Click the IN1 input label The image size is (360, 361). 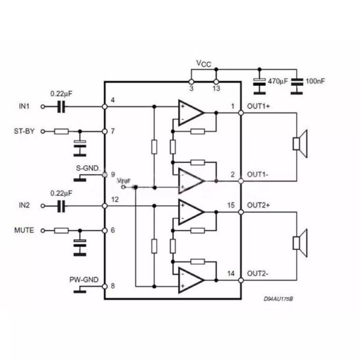(x=24, y=107)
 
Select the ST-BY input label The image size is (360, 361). (x=24, y=130)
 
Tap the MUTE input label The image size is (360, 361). (x=24, y=229)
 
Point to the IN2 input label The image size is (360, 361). (x=24, y=205)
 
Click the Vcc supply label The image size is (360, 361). (x=203, y=63)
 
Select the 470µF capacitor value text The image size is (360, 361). (x=277, y=80)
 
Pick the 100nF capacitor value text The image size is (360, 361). (x=317, y=80)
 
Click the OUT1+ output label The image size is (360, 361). (x=259, y=107)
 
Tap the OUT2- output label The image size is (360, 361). (x=258, y=273)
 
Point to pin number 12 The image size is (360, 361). (x=115, y=199)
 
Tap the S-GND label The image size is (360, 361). (x=87, y=169)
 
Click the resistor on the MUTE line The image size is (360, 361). (x=61, y=230)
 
